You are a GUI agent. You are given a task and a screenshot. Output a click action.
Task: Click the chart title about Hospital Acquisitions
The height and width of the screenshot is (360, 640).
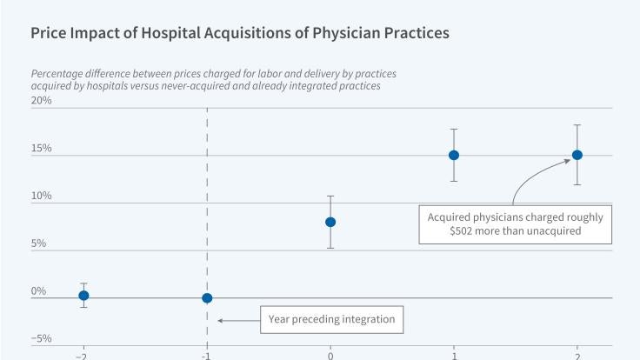point(240,34)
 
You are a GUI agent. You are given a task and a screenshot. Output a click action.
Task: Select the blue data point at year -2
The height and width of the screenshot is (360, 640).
point(83,296)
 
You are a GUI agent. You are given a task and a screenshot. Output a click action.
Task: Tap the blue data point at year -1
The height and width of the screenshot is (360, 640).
point(207,298)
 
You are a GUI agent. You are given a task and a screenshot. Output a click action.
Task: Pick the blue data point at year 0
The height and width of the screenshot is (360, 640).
point(330,222)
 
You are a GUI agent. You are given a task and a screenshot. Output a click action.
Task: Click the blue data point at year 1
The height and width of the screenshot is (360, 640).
point(454,155)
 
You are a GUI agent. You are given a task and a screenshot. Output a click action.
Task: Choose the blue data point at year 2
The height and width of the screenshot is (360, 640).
point(577,155)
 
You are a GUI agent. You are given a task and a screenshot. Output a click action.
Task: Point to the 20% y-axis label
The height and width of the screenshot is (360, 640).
point(42,100)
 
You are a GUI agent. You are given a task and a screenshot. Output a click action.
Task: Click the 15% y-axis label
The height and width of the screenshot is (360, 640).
point(42,148)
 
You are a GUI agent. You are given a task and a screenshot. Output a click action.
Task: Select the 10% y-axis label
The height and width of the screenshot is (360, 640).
point(42,196)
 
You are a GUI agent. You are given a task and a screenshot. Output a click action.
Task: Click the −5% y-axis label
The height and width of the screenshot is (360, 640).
point(42,339)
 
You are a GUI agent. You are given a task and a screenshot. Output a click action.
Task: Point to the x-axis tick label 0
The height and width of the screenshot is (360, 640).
point(330,356)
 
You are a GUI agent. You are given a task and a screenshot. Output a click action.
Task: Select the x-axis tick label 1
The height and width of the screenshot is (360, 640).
point(454,356)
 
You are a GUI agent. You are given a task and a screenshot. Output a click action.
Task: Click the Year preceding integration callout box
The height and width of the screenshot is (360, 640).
point(331,320)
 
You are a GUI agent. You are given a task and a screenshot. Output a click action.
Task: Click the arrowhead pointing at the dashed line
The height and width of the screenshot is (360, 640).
point(221,320)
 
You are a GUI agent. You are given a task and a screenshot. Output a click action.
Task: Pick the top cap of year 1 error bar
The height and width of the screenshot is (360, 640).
point(454,129)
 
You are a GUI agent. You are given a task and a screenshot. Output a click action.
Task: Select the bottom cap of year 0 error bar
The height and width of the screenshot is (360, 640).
point(330,248)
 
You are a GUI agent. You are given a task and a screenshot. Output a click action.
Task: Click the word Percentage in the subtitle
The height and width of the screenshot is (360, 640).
point(60,74)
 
